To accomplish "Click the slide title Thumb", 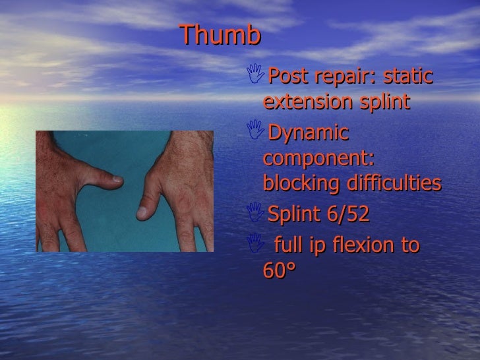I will pyautogui.click(x=220, y=36).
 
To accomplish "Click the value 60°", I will pyautogui.click(x=280, y=271).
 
